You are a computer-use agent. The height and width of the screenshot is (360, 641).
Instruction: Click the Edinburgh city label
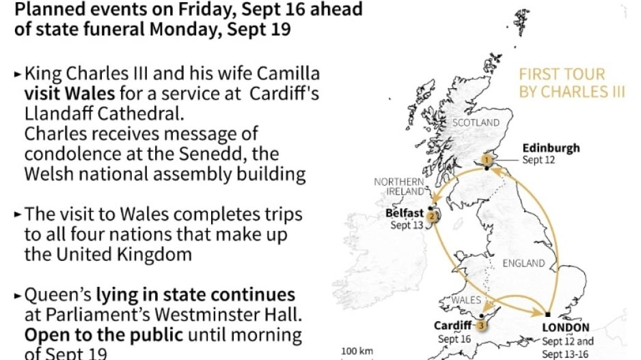(x=551, y=148)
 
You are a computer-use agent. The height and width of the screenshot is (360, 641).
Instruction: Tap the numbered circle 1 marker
(x=486, y=159)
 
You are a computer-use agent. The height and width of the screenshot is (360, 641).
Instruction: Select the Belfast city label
(x=404, y=213)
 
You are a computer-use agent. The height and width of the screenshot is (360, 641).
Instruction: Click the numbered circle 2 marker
(x=432, y=217)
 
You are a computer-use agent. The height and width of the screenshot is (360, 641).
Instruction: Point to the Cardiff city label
(x=454, y=326)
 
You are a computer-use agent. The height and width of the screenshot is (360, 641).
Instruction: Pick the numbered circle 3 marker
(x=482, y=325)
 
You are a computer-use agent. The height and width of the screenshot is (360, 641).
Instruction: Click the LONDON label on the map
(x=565, y=327)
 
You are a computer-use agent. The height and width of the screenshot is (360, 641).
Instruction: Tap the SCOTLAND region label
(x=476, y=122)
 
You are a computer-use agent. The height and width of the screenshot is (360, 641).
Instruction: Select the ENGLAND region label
(x=524, y=263)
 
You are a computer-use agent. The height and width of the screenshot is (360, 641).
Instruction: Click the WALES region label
(x=466, y=300)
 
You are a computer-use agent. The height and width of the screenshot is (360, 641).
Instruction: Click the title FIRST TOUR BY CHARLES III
(x=571, y=83)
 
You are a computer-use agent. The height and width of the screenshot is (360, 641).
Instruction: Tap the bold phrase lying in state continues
(x=195, y=295)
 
